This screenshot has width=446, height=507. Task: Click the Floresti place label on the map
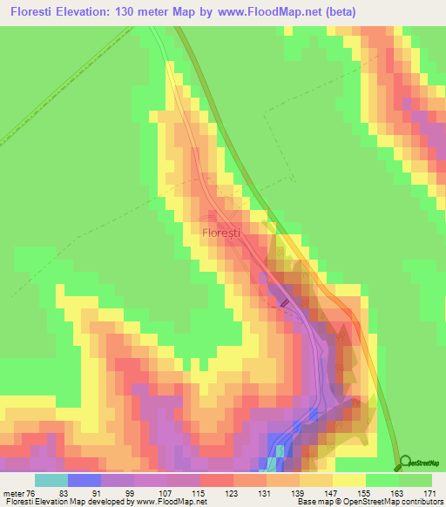221,233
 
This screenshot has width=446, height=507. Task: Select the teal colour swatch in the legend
51,480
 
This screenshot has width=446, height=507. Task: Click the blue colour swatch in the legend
84,480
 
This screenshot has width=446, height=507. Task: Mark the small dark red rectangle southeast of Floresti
285,301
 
